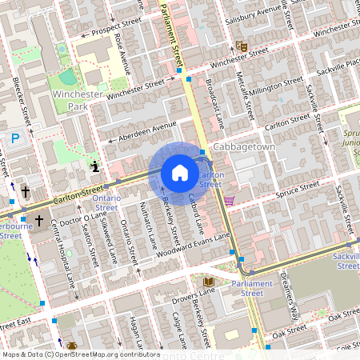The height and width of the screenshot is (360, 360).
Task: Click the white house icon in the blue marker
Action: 180,173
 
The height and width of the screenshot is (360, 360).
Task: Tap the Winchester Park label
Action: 74,100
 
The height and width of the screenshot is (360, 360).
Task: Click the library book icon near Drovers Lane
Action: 210,282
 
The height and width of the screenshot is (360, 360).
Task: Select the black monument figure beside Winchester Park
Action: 96,166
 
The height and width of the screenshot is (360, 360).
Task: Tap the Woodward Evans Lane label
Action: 197,247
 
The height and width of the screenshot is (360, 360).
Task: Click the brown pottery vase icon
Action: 72,346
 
